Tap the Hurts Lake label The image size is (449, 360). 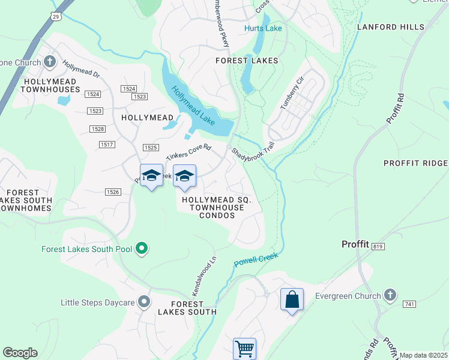pyautogui.click(x=262, y=28)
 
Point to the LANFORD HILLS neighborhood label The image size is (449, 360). pyautogui.click(x=390, y=27)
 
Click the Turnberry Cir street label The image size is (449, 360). pyautogui.click(x=293, y=94)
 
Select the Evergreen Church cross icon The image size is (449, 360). pyautogui.click(x=390, y=295)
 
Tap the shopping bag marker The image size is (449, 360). pyautogui.click(x=292, y=299)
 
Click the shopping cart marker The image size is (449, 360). pyautogui.click(x=244, y=348)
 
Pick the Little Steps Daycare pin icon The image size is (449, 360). pyautogui.click(x=144, y=302)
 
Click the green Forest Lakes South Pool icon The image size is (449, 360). pyautogui.click(x=142, y=248)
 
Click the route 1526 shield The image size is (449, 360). pyautogui.click(x=112, y=192)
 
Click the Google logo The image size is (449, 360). pyautogui.click(x=20, y=353)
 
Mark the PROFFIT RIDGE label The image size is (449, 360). pyautogui.click(x=415, y=163)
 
